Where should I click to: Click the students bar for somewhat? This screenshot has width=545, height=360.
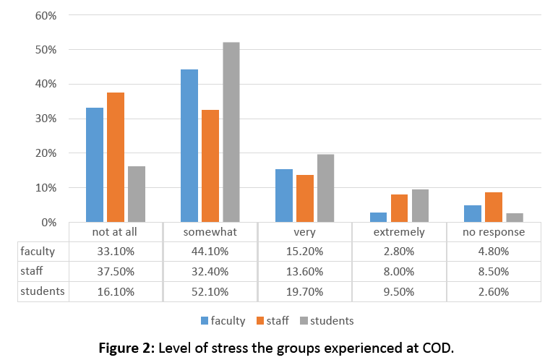231,132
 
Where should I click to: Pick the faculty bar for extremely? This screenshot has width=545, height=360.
378,217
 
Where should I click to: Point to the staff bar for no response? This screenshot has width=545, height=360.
494,207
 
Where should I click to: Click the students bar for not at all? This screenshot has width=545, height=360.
137,194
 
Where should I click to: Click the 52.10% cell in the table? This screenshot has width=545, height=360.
210,291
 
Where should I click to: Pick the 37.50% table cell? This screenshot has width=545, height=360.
116,271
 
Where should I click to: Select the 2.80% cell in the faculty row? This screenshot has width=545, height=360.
399,252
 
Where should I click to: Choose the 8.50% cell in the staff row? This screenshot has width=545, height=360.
494,271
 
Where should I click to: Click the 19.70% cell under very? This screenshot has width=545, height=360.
304,291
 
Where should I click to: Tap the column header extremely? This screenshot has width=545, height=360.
399,232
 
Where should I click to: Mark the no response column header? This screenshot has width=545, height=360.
494,232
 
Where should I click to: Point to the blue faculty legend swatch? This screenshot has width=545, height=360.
205,320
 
